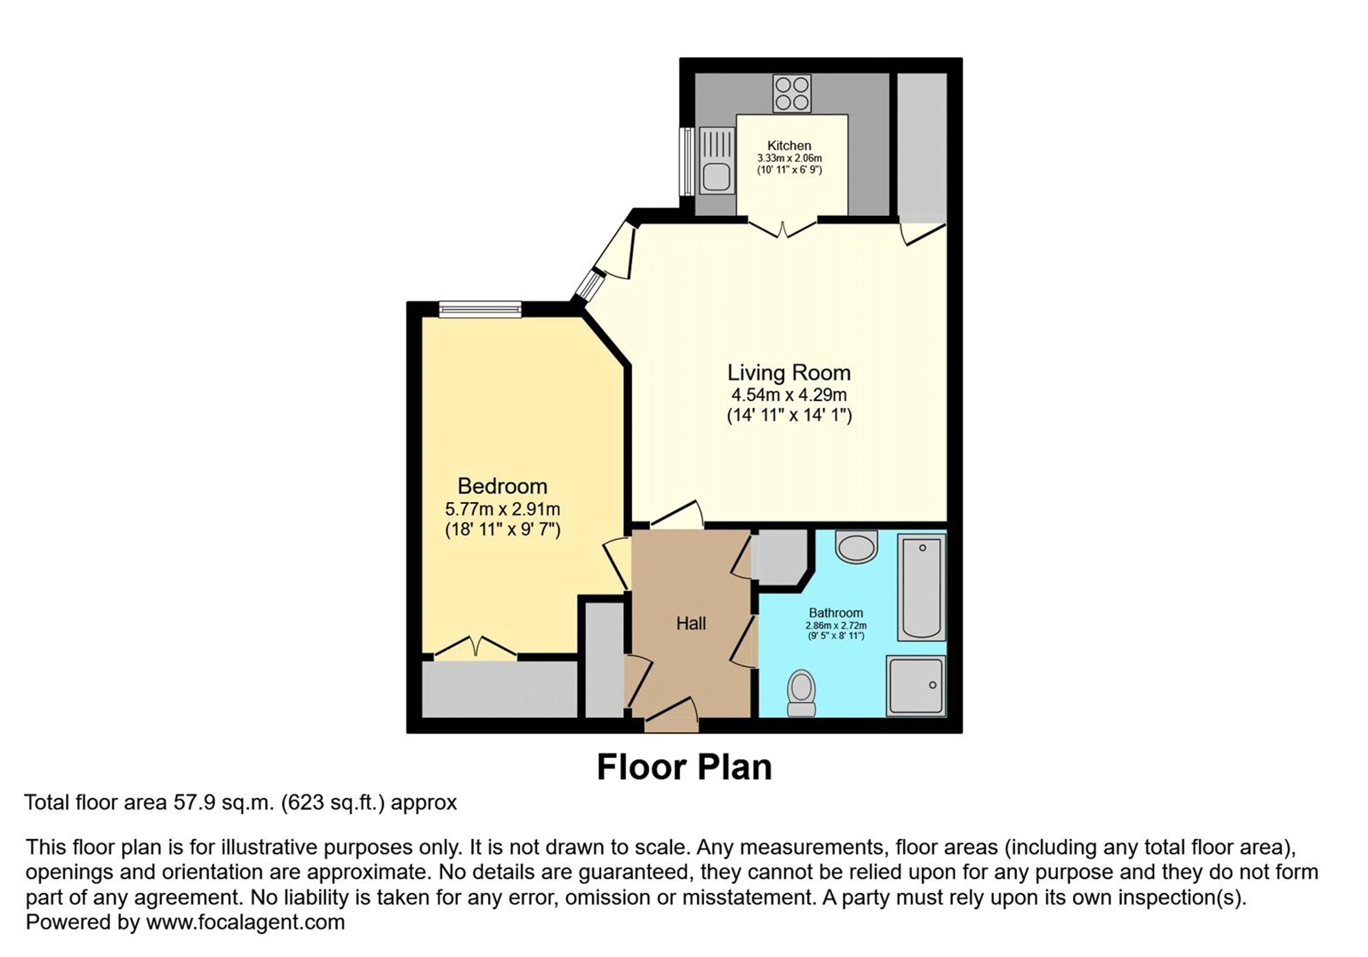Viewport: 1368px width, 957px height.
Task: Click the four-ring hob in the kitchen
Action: click(792, 94)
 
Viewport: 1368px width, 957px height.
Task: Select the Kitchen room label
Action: click(789, 145)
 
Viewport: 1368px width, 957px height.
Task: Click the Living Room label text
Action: click(789, 373)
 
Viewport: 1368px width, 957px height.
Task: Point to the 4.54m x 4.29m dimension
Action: click(789, 394)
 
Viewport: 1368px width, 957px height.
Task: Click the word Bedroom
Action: click(502, 486)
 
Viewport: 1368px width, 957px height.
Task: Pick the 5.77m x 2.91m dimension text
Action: click(502, 509)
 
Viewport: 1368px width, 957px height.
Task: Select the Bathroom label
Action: click(835, 612)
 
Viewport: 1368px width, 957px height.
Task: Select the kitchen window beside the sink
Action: click(687, 161)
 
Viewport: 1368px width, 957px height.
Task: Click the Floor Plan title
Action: click(684, 767)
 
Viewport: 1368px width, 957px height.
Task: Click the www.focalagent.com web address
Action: click(245, 922)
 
